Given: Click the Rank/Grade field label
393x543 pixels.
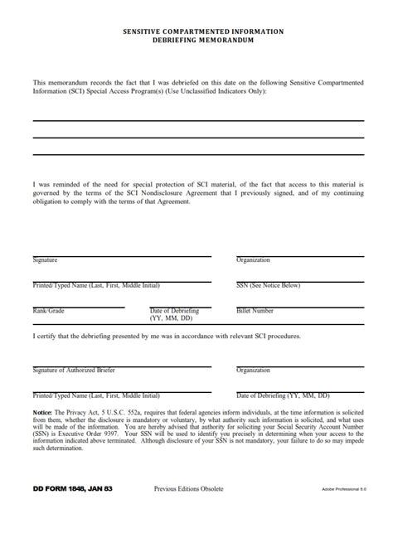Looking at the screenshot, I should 49,310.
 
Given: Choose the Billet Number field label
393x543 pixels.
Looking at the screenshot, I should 255,310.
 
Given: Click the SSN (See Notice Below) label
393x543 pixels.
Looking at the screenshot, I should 268,285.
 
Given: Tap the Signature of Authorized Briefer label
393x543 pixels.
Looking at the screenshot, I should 75,370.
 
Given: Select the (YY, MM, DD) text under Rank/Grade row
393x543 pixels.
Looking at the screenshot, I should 171,318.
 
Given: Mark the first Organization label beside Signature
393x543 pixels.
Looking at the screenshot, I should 254,260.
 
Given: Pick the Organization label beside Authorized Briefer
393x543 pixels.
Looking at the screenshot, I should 254,370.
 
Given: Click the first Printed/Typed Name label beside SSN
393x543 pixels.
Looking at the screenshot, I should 96,285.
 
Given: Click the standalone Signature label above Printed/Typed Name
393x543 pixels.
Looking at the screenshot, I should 46,260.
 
